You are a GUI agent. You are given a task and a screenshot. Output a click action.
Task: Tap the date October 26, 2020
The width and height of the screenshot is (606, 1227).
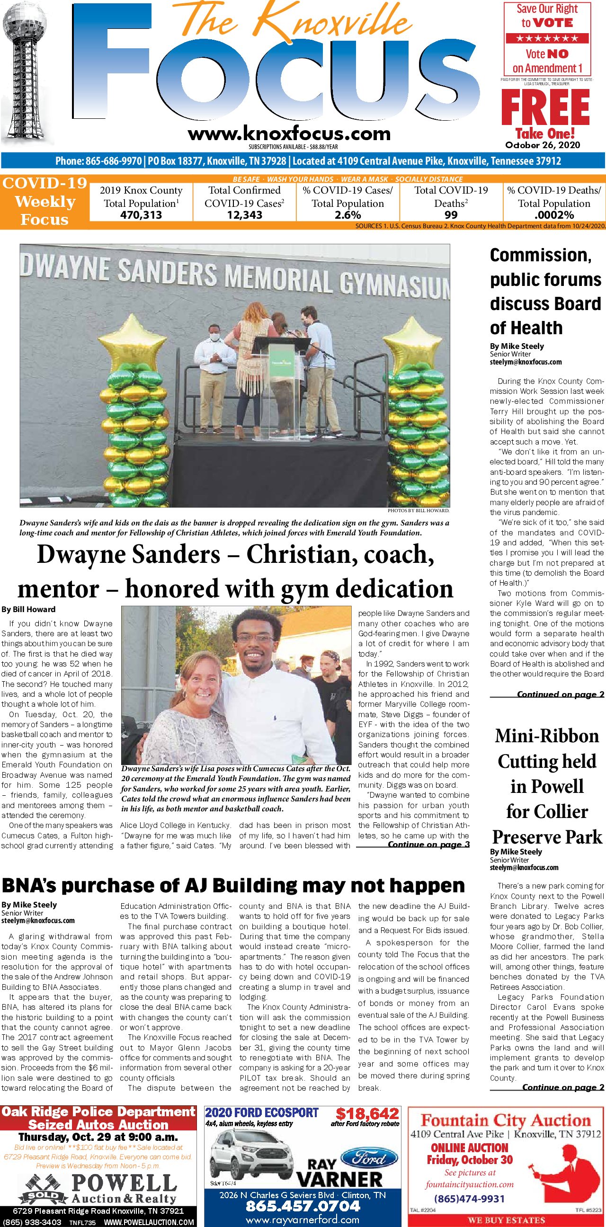coord(543,145)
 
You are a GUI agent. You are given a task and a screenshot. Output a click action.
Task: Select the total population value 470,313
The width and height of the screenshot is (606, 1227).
coord(141,215)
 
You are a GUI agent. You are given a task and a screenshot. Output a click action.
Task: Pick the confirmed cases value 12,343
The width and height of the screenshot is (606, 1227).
coord(244,215)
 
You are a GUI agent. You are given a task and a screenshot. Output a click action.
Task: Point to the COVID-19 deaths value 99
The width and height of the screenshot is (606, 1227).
coord(451,215)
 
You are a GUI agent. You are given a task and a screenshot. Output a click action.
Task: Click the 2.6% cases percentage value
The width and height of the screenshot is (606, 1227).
coord(348,215)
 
